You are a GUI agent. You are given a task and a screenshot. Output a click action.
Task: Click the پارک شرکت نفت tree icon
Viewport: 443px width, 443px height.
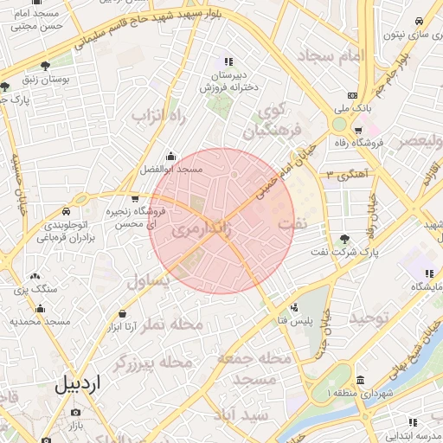coord(345,239)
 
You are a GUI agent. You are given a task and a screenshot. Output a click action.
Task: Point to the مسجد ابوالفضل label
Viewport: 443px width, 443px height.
coord(171,170)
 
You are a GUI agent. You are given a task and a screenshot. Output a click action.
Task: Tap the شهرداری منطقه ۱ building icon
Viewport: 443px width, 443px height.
coord(360,382)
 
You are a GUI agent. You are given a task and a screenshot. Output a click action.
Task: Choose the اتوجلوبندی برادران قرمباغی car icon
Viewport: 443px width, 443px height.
coord(66,212)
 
